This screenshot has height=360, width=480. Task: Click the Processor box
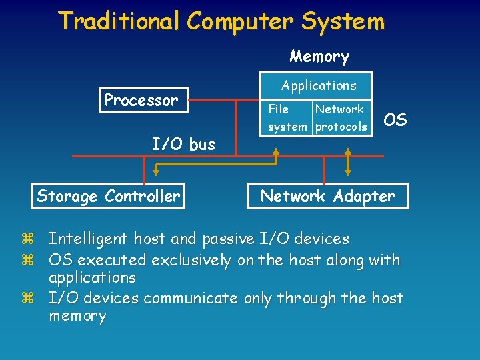pyautogui.click(x=143, y=101)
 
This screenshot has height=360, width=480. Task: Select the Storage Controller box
pyautogui.click(x=108, y=196)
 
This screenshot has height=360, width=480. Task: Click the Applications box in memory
pyautogui.click(x=319, y=85)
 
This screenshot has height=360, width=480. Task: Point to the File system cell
pyautogui.click(x=287, y=117)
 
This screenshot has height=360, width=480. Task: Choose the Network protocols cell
pyautogui.click(x=341, y=117)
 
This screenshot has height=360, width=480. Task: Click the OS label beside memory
pyautogui.click(x=395, y=120)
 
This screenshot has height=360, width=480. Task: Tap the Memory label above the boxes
pyautogui.click(x=319, y=57)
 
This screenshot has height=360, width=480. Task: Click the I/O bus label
pyautogui.click(x=183, y=144)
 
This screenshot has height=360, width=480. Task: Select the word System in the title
pyautogui.click(x=343, y=21)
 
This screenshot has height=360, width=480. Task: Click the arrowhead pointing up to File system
pyautogui.click(x=276, y=151)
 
